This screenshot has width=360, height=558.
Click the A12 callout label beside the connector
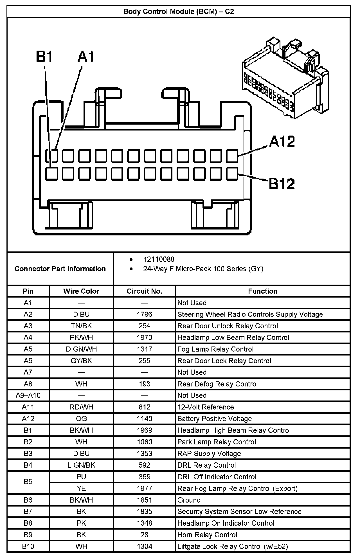(x=282, y=141)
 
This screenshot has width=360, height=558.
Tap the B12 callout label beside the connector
(x=282, y=184)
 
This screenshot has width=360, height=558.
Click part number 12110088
(x=159, y=259)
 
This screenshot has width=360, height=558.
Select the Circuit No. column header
(x=144, y=291)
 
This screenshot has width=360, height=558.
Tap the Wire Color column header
(x=81, y=291)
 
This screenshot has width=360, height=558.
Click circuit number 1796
(x=144, y=314)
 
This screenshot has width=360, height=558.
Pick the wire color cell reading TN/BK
(x=81, y=326)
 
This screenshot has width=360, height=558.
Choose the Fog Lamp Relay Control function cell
(x=215, y=349)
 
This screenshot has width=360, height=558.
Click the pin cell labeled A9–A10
(x=28, y=395)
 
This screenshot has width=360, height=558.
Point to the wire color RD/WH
(x=81, y=407)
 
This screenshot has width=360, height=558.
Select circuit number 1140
(x=144, y=418)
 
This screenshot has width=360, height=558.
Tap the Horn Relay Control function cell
(x=207, y=535)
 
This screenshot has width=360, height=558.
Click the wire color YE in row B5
(x=81, y=488)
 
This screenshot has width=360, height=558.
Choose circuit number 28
(x=144, y=535)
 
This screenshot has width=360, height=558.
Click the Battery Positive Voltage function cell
(x=215, y=418)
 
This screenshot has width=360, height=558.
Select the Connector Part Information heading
(x=60, y=269)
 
